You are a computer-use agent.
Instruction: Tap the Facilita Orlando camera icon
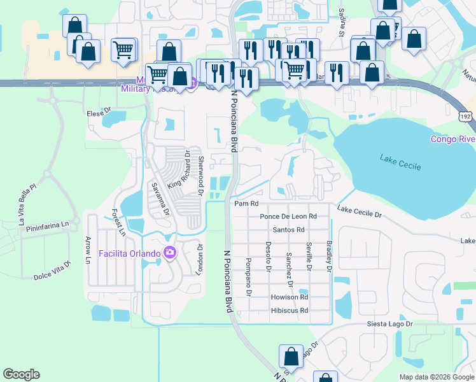(x=169, y=253)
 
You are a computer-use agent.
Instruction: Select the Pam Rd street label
(x=246, y=204)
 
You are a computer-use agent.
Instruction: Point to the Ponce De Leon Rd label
(x=288, y=216)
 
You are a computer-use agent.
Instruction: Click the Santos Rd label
(x=288, y=230)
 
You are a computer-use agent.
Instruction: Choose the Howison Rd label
(x=289, y=297)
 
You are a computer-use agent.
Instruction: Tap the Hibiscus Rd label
(x=289, y=311)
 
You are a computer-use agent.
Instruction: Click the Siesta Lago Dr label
(x=390, y=324)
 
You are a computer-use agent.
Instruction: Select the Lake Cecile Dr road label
(x=359, y=212)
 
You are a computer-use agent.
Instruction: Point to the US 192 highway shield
(x=466, y=117)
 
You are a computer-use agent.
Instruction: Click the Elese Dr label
(x=99, y=113)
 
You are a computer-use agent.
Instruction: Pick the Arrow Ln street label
(x=88, y=250)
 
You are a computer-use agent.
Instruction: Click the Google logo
(x=21, y=374)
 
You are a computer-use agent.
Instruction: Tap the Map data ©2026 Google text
(x=436, y=377)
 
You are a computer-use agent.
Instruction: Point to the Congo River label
(x=452, y=139)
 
